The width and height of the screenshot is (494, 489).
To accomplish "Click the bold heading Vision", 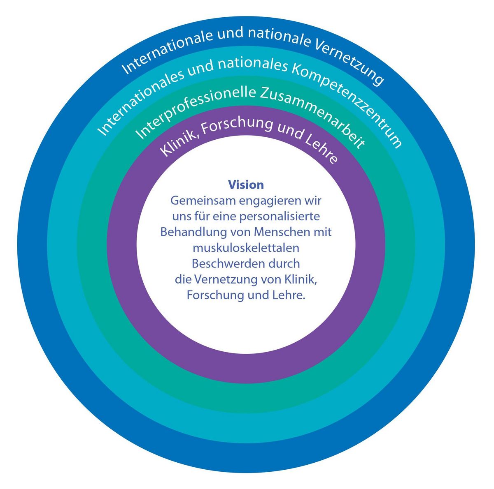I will (246, 185).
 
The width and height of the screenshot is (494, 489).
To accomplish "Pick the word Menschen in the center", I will (282, 232).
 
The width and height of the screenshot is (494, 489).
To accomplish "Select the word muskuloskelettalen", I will (246, 248).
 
